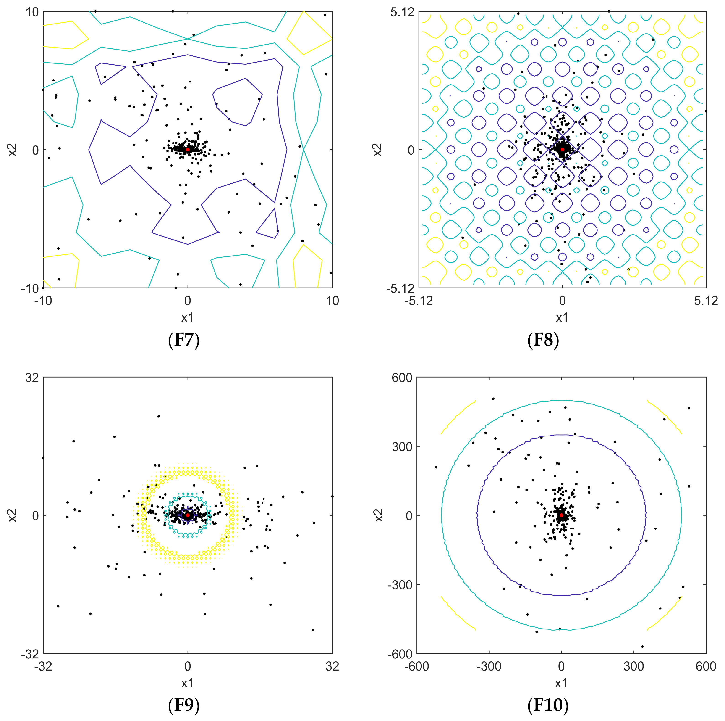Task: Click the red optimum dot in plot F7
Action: coord(188,149)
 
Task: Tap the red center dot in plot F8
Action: coord(562,149)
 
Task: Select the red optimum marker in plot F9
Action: coord(188,515)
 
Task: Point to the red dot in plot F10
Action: coord(561,515)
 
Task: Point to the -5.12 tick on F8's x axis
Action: coord(419,301)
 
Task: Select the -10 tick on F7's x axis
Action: coord(43,301)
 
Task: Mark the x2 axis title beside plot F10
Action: coord(379,515)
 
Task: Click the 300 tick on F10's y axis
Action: coord(402,446)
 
